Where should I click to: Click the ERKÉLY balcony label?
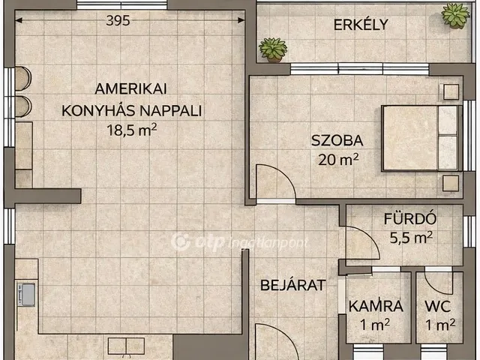click(361, 24)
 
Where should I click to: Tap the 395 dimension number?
click(117, 21)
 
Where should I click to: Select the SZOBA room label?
click(337, 140)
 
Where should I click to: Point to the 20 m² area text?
click(338, 159)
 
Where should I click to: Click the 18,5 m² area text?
click(132, 129)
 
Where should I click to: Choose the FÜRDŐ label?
click(410, 220)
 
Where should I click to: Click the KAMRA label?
click(376, 306)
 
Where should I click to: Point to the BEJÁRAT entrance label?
click(292, 285)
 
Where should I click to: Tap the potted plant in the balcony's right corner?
click(454, 15)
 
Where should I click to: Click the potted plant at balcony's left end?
click(272, 50)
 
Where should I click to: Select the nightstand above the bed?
click(450, 92)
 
